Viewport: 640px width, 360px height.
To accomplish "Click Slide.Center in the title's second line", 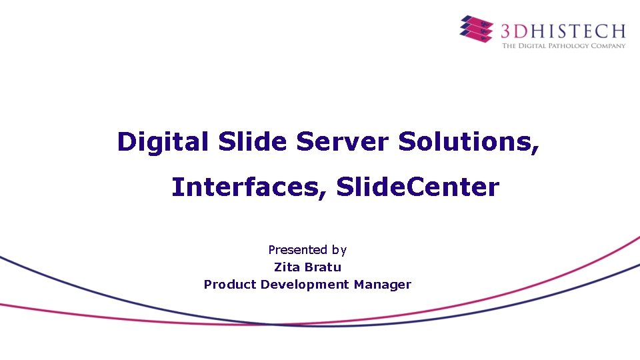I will pos(417,187).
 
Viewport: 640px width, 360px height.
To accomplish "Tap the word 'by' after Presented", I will pos(339,251).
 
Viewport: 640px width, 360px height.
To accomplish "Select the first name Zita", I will pos(287,267).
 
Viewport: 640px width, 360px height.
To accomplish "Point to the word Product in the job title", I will pos(230,285).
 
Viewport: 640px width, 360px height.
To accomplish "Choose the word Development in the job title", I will pos(305,285).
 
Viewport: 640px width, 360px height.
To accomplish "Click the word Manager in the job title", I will pos(383,285).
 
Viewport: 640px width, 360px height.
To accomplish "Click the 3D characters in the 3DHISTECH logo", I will pos(515,30).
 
